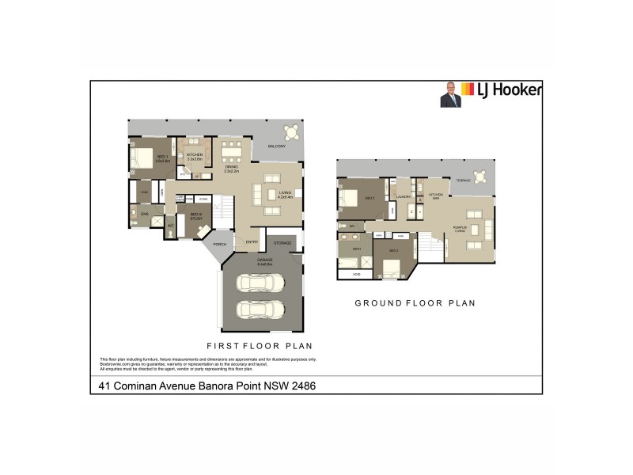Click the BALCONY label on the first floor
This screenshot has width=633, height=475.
(276, 147)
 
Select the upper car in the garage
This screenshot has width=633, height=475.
(260, 283)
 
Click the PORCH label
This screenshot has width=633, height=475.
(219, 244)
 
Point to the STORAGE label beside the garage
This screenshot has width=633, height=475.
(283, 242)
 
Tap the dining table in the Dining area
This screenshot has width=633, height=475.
(232, 149)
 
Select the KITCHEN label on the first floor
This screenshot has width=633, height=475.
(195, 155)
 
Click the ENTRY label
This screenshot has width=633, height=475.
(252, 242)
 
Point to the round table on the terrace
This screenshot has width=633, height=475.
(480, 177)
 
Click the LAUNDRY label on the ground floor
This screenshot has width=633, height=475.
(404, 196)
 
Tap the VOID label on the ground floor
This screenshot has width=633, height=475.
(356, 274)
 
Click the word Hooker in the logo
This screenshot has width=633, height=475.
(519, 90)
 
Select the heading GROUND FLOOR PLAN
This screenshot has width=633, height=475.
(414, 302)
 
